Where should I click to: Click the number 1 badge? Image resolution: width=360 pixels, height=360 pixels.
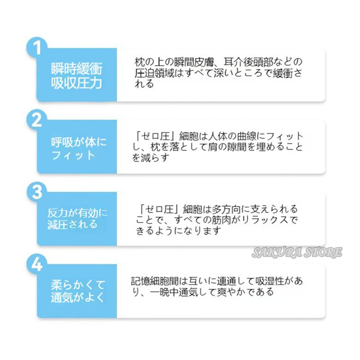[x=37, y=47]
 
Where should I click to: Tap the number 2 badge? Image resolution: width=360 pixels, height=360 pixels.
[x=37, y=119]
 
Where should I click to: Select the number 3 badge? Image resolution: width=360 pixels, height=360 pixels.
[x=37, y=191]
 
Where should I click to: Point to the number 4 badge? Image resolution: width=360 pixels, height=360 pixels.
[x=37, y=263]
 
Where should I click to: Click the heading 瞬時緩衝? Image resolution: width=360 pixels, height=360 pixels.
[x=77, y=70]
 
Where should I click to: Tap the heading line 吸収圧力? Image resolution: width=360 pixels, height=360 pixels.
[x=77, y=85]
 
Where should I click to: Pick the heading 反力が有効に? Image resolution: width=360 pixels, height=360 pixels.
[x=76, y=213]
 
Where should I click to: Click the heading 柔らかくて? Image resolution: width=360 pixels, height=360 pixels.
[x=77, y=284]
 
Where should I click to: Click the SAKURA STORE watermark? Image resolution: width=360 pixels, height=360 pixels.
[x=305, y=252]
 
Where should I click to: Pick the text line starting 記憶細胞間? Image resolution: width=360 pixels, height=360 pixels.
[x=219, y=281]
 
